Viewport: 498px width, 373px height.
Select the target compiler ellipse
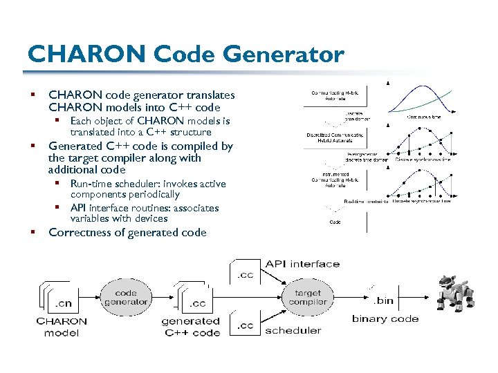point(307,297)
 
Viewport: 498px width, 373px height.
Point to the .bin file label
point(384,301)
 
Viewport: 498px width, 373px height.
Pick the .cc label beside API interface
point(246,276)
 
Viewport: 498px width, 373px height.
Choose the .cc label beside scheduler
point(246,325)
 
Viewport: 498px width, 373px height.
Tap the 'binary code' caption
point(385,318)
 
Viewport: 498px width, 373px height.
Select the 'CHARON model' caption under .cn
point(62,327)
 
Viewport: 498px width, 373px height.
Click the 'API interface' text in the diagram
point(302,264)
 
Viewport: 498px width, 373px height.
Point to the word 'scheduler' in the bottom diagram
point(293,330)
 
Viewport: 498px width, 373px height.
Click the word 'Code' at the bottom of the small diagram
point(335,222)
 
